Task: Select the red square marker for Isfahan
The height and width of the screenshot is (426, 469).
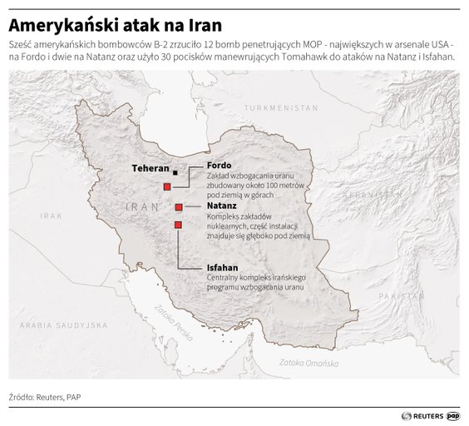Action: tap(177, 225)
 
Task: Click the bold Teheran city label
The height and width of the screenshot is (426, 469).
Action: tap(151, 168)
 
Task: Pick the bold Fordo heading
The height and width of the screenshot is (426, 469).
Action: tap(220, 165)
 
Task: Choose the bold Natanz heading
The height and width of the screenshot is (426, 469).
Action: tap(222, 205)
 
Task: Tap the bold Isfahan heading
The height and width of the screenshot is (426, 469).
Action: tap(223, 268)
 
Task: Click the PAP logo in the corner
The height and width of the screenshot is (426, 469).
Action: tap(454, 414)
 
